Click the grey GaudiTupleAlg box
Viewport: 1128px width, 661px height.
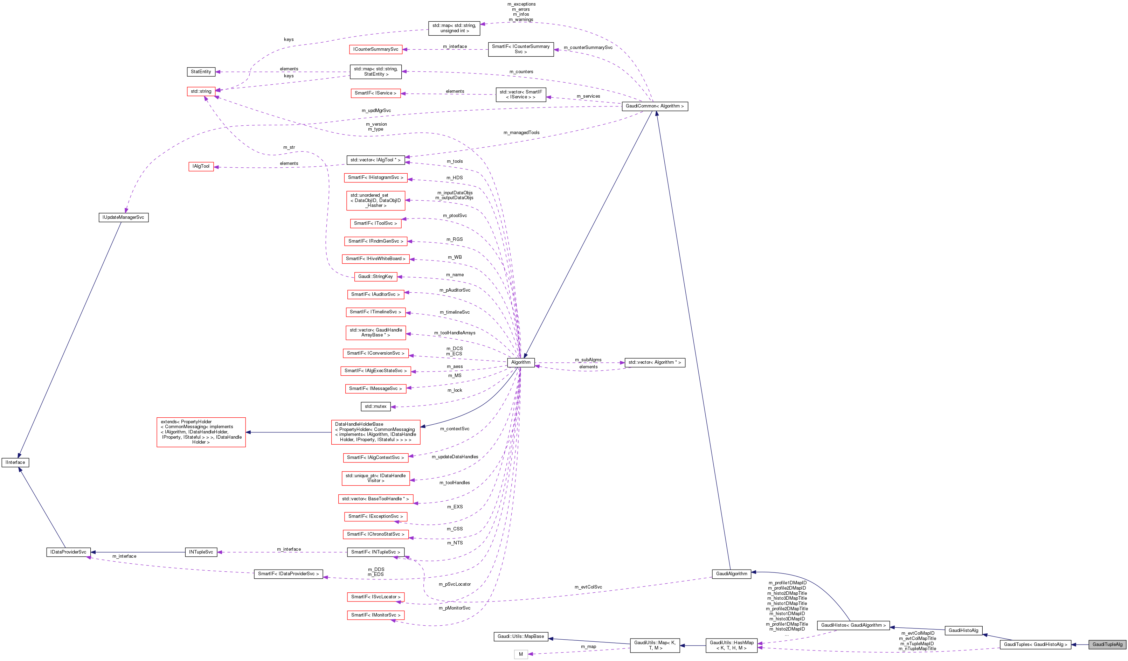(x=1107, y=645)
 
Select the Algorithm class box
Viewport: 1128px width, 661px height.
(x=521, y=362)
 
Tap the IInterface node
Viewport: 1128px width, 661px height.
(x=15, y=462)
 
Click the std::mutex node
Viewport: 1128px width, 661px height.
(x=375, y=406)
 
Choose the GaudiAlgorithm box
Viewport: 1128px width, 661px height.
(x=732, y=574)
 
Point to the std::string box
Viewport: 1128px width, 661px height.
(x=201, y=91)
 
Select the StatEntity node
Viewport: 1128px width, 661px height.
(x=201, y=72)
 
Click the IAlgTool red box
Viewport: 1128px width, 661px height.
(x=201, y=167)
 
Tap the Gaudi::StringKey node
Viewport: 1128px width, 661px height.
(x=375, y=277)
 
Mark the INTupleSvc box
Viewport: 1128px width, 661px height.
(x=201, y=552)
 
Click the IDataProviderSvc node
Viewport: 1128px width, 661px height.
(x=69, y=552)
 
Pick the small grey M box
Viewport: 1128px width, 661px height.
(x=521, y=654)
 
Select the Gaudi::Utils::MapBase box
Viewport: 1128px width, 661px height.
(x=521, y=636)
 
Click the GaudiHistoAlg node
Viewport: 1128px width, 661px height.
(x=963, y=631)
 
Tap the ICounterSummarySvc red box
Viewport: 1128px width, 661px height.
(x=375, y=50)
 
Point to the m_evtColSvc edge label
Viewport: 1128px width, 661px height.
(x=588, y=587)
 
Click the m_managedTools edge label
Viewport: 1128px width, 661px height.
(x=521, y=132)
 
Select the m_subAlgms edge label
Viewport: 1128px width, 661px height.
(x=588, y=360)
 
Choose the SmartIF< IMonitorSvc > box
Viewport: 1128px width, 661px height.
(x=375, y=615)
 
